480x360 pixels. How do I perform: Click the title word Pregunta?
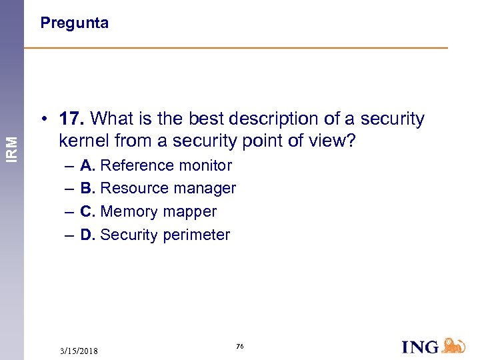tap(74, 23)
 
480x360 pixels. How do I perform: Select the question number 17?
tap(71, 119)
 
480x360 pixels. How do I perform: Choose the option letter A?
tap(87, 165)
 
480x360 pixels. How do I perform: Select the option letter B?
tap(87, 189)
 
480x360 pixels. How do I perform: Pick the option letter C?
tap(87, 212)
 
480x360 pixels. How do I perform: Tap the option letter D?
tap(87, 235)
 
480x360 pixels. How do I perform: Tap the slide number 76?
tap(239, 347)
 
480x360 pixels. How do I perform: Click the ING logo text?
tap(421, 347)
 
